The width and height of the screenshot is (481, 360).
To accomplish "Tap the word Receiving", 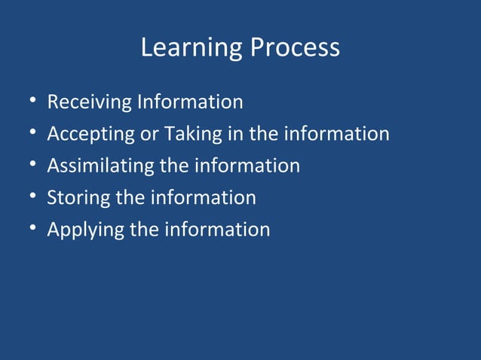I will pyautogui.click(x=90, y=102).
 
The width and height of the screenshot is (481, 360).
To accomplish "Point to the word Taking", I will pyautogui.click(x=192, y=134).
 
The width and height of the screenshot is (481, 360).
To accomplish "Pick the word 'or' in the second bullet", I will pyautogui.click(x=149, y=134).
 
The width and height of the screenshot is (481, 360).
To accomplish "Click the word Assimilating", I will pyautogui.click(x=100, y=166).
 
